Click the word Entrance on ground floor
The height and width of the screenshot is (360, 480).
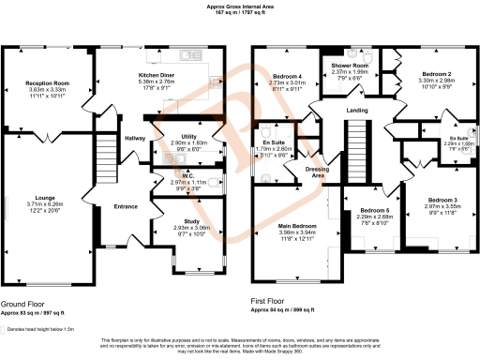pos(126,205)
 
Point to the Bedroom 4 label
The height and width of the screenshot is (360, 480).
pos(288,75)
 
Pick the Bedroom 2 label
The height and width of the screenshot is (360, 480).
pos(437,73)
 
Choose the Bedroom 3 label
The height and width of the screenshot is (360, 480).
pos(442,200)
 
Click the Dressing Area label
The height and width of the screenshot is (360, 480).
pos(317,172)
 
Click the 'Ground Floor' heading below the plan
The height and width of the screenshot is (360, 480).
pos(23,304)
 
